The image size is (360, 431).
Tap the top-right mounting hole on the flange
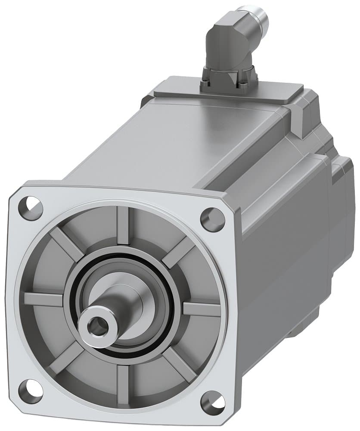pos(213,219)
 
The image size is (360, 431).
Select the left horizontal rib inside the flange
pos(43,299)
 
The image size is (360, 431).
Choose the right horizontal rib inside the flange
pos(202,309)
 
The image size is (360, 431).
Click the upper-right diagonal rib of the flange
pos(179,253)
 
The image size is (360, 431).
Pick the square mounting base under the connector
pos(228,80)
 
